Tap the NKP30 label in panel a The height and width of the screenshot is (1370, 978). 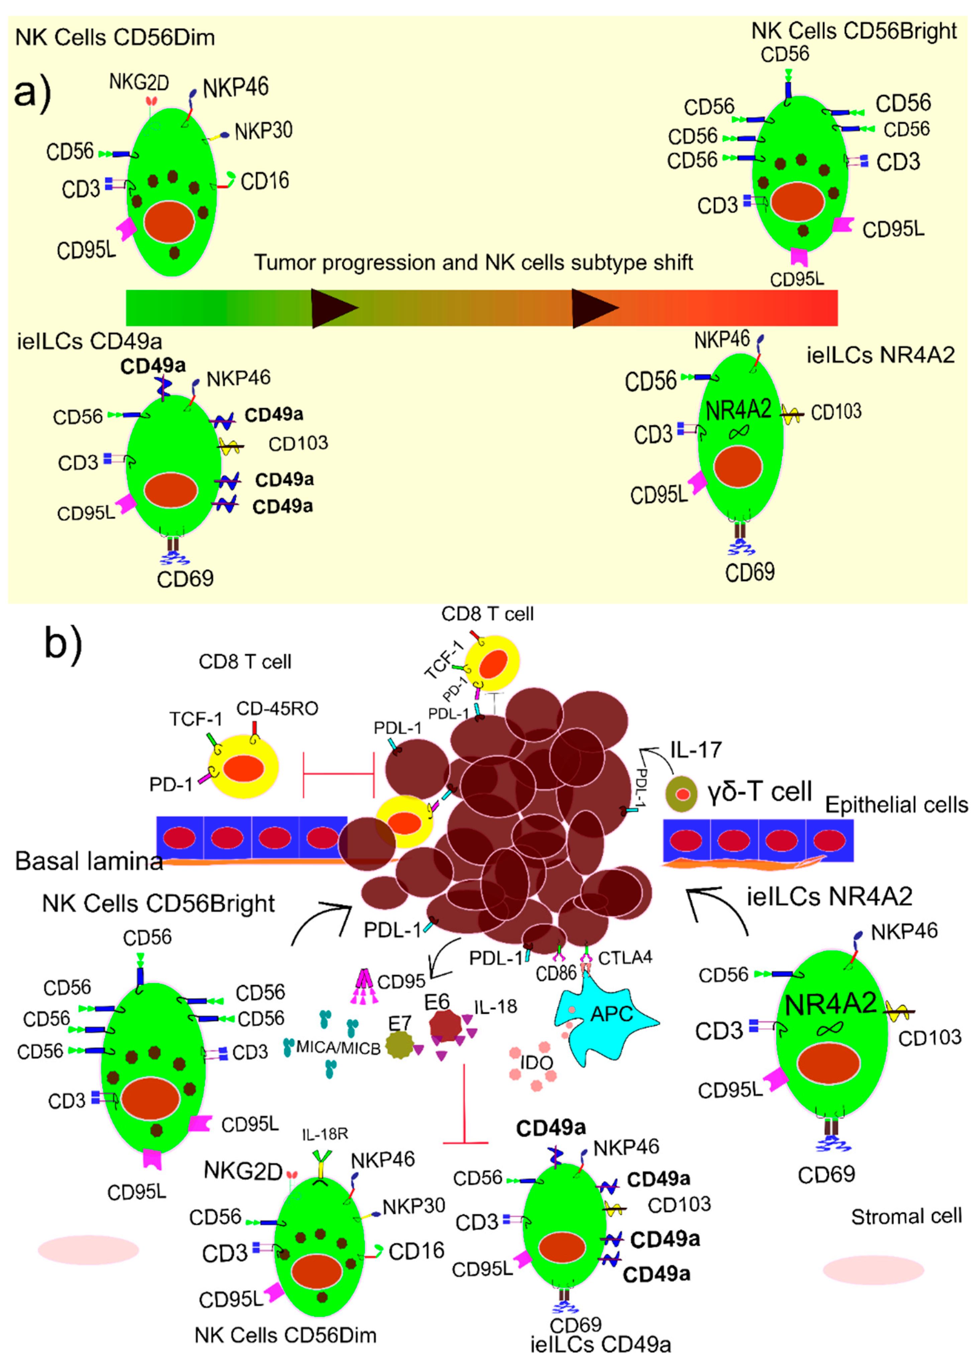tap(263, 131)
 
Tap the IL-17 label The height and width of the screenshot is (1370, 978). tap(696, 749)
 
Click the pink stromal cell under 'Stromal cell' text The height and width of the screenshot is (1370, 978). tap(873, 1270)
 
